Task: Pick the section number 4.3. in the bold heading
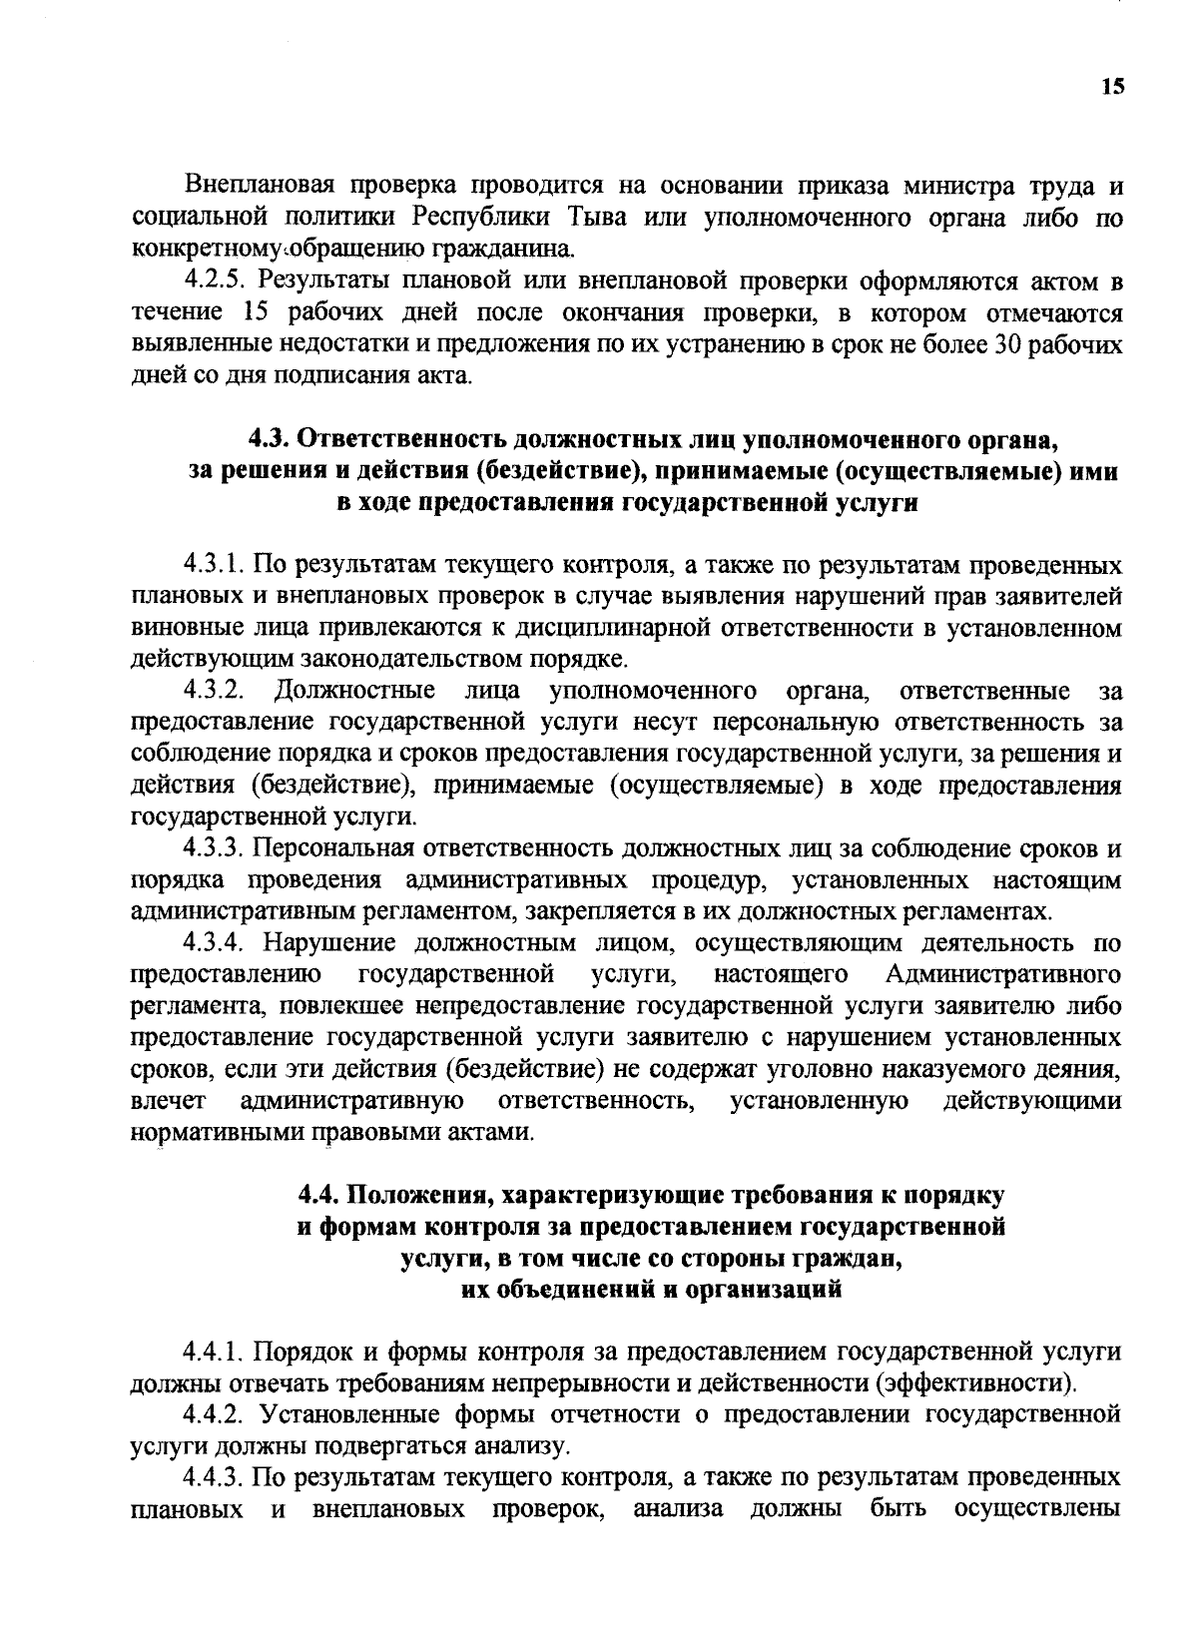point(271,438)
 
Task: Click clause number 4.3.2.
point(213,690)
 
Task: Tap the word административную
point(350,1100)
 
